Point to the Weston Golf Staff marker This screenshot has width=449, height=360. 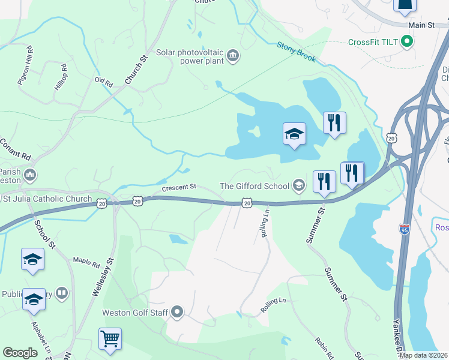[177, 312]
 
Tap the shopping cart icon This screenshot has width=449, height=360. [110, 339]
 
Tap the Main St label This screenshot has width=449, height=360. [421, 25]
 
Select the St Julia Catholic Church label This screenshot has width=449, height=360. [49, 199]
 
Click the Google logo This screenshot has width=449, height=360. [20, 353]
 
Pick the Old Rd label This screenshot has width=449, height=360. [104, 81]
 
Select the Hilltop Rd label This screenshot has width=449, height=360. [62, 77]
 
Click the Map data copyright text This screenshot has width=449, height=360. [423, 355]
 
